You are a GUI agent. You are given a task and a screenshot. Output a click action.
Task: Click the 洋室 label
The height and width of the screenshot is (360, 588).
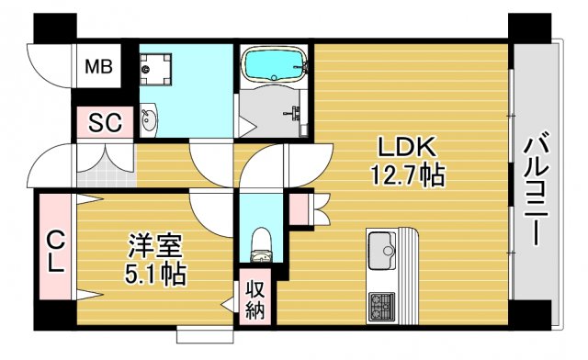click(153, 246)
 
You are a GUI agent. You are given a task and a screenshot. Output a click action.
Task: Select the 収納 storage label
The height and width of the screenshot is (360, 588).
click(255, 299)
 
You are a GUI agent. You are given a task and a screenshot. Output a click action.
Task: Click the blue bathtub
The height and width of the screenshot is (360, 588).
click(274, 66)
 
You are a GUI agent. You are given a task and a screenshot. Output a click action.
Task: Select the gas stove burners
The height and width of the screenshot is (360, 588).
click(380, 303)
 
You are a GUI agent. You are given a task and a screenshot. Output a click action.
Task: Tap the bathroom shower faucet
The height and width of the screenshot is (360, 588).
click(296, 115)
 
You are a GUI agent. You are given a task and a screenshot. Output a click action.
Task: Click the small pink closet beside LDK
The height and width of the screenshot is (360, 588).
click(299, 209)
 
